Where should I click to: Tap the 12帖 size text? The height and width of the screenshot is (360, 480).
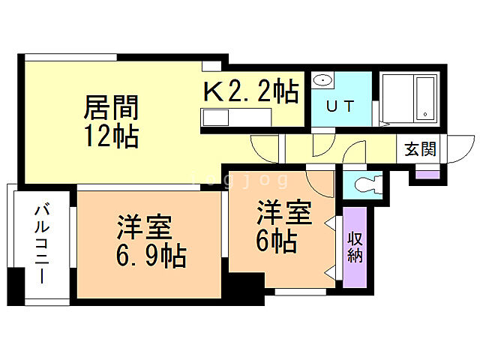click(x=110, y=136)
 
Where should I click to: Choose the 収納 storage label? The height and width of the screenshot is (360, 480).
click(x=355, y=247)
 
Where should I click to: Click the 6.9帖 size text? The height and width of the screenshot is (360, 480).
click(x=150, y=256)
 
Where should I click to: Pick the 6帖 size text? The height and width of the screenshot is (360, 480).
click(x=277, y=241)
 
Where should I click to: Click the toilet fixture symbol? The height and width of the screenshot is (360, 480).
click(x=367, y=183)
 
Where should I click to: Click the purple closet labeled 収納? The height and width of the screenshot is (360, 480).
click(x=355, y=247)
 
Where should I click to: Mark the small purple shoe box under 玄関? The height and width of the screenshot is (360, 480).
click(x=427, y=175)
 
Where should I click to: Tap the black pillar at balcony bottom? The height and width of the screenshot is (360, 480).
click(x=16, y=289)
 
